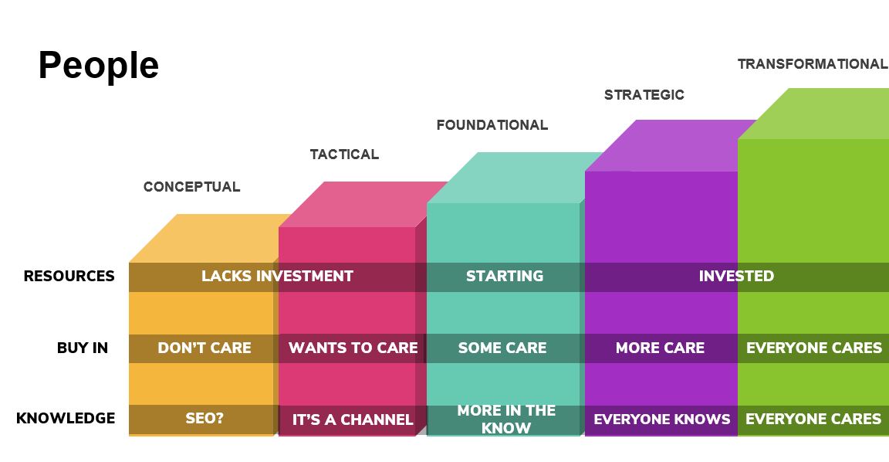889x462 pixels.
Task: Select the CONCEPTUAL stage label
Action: (191, 187)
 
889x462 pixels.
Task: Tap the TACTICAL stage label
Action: (344, 155)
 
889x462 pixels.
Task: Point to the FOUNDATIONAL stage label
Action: (492, 125)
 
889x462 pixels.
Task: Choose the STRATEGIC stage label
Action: (644, 95)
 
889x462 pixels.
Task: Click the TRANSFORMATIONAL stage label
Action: (813, 64)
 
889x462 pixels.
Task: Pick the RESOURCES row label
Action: (69, 276)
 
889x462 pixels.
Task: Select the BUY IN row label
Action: (83, 348)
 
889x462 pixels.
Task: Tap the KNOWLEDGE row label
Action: (66, 418)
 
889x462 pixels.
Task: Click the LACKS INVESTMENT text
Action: (277, 276)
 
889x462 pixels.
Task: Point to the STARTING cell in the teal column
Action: (505, 276)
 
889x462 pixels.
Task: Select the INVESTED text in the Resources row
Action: (736, 276)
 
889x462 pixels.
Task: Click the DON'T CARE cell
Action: (205, 348)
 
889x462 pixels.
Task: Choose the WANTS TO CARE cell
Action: (353, 348)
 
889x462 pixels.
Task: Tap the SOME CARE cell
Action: (502, 348)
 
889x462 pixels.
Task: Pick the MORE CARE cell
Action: (661, 348)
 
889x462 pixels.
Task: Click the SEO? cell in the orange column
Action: (205, 418)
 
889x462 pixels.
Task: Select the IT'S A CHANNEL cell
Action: (353, 420)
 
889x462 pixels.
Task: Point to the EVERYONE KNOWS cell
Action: (662, 420)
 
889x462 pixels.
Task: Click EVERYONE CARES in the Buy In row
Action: (814, 348)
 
